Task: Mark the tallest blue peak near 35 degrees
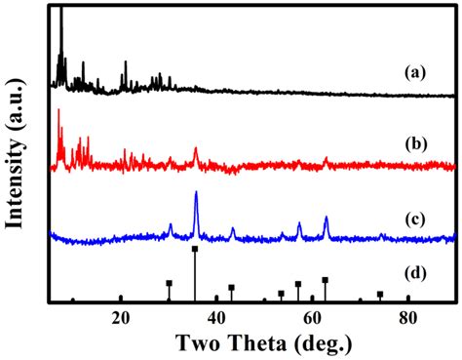pos(196,193)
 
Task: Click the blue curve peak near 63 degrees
pos(326,218)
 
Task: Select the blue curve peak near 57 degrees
pos(299,225)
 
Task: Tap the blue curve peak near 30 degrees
pos(171,225)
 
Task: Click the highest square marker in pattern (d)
pos(195,250)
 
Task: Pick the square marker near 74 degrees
pos(380,294)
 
